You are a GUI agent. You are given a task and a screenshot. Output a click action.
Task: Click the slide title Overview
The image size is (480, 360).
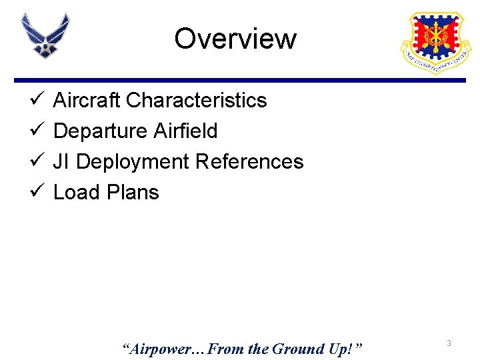pos(235,39)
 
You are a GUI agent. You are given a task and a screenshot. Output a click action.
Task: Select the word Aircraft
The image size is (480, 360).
pos(87,100)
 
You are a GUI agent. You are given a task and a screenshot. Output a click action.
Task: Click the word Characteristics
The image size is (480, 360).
pos(196,100)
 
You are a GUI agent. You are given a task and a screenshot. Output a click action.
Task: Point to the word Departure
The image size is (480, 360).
pos(101,131)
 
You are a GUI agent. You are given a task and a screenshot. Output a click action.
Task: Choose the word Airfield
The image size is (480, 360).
pos(185,131)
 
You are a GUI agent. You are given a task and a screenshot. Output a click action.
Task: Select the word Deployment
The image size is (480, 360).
pos(133,162)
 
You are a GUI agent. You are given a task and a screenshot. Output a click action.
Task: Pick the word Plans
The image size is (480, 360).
pos(131,192)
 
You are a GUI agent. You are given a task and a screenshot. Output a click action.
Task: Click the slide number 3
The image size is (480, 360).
pos(449,343)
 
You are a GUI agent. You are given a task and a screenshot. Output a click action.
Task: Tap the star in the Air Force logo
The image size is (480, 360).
pos(45,48)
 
